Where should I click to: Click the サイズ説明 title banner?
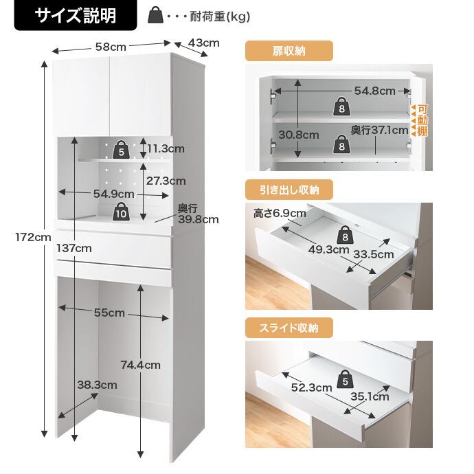coord(76,15)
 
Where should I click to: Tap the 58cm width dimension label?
coord(111,47)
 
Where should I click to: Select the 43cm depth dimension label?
coord(204,43)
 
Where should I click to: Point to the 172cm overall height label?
coord(33,237)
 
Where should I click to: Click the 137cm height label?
coord(74,248)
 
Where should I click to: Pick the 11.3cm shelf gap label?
coord(166,148)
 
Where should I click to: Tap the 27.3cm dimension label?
coord(166,181)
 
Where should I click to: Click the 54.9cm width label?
coord(113,194)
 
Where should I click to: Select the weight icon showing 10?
coord(121,212)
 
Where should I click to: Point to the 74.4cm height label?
coord(141,365)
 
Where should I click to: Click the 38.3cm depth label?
coord(97,385)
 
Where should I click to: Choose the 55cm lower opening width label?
coord(109,313)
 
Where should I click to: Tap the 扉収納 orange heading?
coord(289,51)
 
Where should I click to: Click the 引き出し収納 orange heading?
coord(289,190)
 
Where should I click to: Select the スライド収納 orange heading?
coord(289,328)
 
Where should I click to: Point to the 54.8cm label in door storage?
coord(375,91)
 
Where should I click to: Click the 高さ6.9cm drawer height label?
coord(280,214)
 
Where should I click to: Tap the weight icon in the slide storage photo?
coord(346,379)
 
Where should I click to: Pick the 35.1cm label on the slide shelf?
coord(370,396)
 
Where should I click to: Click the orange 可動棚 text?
coord(422,120)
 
